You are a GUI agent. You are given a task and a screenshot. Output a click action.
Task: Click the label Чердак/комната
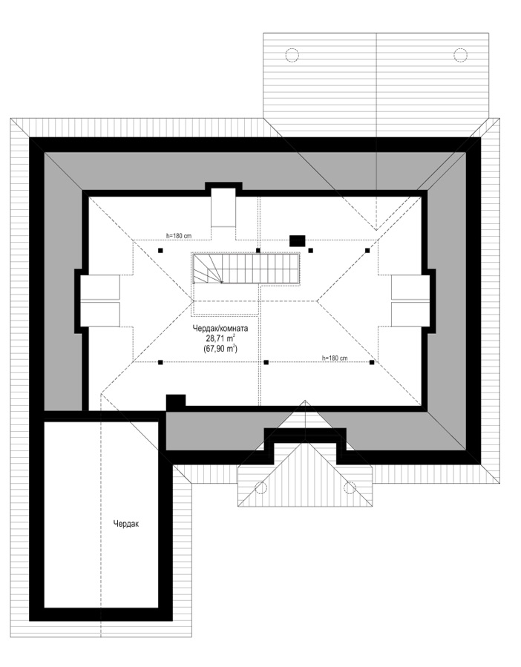(x=220, y=329)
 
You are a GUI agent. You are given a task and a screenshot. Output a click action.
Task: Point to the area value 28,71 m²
(x=220, y=338)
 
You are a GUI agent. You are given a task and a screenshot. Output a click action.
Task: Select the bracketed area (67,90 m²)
(x=220, y=349)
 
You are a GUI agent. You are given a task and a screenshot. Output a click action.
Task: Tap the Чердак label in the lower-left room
(x=126, y=524)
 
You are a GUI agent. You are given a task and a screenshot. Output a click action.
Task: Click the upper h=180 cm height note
(x=179, y=234)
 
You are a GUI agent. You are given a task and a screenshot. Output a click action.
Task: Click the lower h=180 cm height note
(x=335, y=358)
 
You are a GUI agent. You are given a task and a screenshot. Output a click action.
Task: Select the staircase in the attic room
(x=247, y=269)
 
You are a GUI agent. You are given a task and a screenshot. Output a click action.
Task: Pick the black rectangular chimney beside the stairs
(x=297, y=241)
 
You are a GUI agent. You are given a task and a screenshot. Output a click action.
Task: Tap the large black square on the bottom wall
(x=176, y=402)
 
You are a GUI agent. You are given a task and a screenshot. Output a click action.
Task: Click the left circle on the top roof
(x=292, y=55)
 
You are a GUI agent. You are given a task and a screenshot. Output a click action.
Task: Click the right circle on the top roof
(x=461, y=55)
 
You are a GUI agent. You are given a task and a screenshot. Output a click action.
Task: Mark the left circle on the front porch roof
(x=260, y=487)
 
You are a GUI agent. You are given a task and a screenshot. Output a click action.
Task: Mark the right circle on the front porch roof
(x=350, y=487)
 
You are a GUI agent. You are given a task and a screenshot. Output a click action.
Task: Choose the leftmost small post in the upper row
(x=160, y=251)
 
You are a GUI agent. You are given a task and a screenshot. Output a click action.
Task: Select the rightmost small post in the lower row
(x=372, y=362)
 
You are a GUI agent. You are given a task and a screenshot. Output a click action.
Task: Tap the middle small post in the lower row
(x=266, y=362)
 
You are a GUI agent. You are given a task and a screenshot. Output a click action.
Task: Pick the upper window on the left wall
(x=100, y=288)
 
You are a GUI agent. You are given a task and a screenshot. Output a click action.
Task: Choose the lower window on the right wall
(x=410, y=315)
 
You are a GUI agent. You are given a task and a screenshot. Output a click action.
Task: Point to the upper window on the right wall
(x=410, y=288)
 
